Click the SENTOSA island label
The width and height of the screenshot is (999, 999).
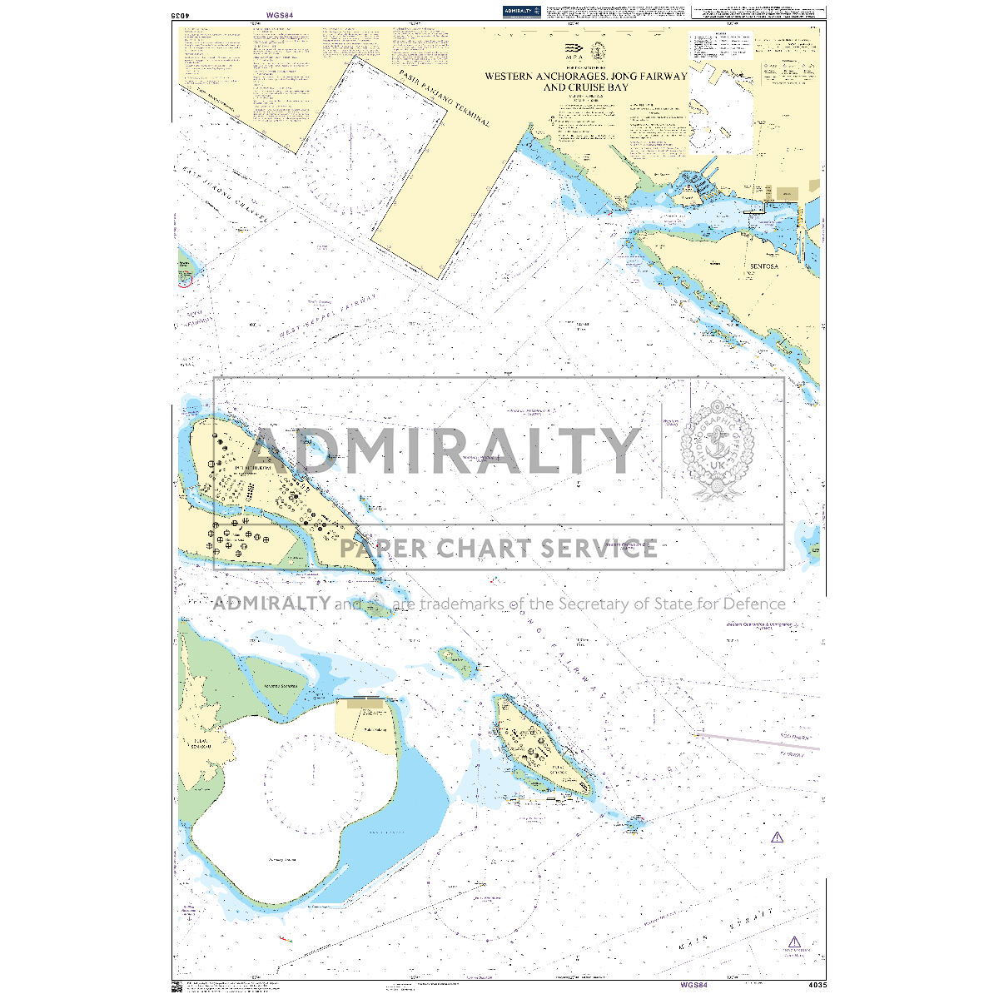click(764, 266)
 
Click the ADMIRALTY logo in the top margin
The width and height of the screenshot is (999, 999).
click(522, 11)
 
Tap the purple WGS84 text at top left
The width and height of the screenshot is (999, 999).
click(281, 15)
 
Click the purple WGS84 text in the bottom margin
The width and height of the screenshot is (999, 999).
click(693, 985)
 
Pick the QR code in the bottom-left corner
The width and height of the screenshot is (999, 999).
click(176, 987)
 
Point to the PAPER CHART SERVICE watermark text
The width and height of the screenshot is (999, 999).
click(499, 549)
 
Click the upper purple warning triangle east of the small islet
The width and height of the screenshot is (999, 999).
click(777, 837)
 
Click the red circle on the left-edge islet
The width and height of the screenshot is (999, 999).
click(185, 280)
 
